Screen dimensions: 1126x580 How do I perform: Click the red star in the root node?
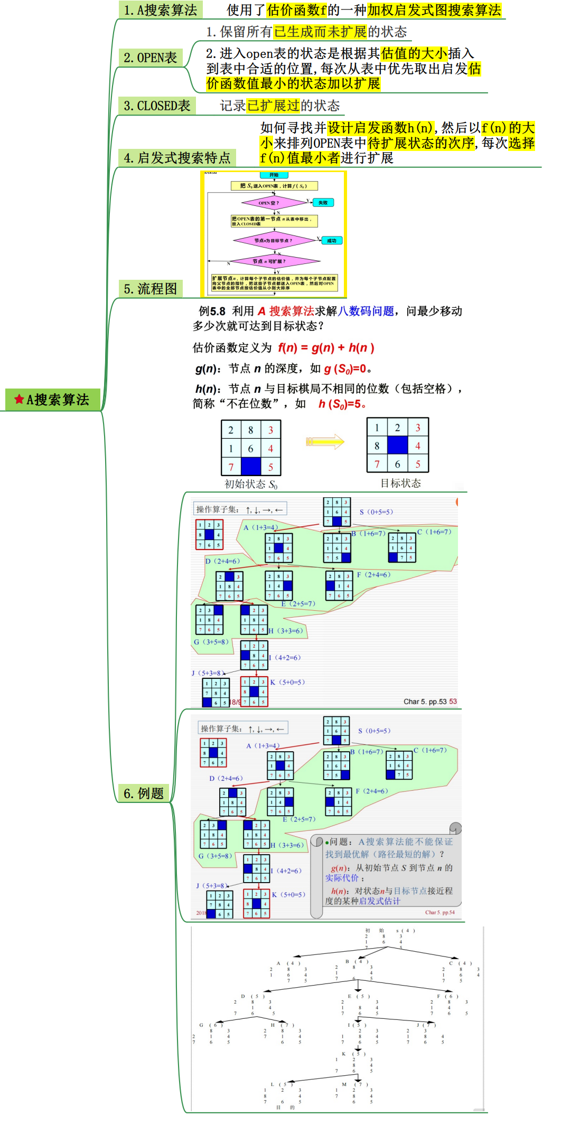coord(19,399)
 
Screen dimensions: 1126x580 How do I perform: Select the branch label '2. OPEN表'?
coord(150,58)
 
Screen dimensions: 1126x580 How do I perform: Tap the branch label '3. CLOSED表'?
coord(157,106)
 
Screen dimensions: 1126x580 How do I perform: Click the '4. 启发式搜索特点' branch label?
coord(177,158)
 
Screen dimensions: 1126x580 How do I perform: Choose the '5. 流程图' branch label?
coord(150,288)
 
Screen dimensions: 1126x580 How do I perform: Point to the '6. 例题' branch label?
coord(144,793)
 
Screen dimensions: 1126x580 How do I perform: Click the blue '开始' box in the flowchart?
coord(274,175)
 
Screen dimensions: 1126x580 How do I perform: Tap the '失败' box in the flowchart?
coord(323,203)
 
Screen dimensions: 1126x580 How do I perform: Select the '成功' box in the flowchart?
coord(331,241)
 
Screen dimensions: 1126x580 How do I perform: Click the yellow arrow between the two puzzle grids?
coord(325,441)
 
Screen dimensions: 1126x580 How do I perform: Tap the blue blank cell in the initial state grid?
coord(251,467)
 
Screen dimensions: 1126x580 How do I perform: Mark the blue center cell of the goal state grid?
coord(397,445)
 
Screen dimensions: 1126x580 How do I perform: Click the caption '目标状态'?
coord(400,483)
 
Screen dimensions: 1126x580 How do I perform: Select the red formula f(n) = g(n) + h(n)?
coord(326,348)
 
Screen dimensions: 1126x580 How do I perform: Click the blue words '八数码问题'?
coord(366,311)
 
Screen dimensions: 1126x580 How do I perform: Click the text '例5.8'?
coord(212,311)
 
